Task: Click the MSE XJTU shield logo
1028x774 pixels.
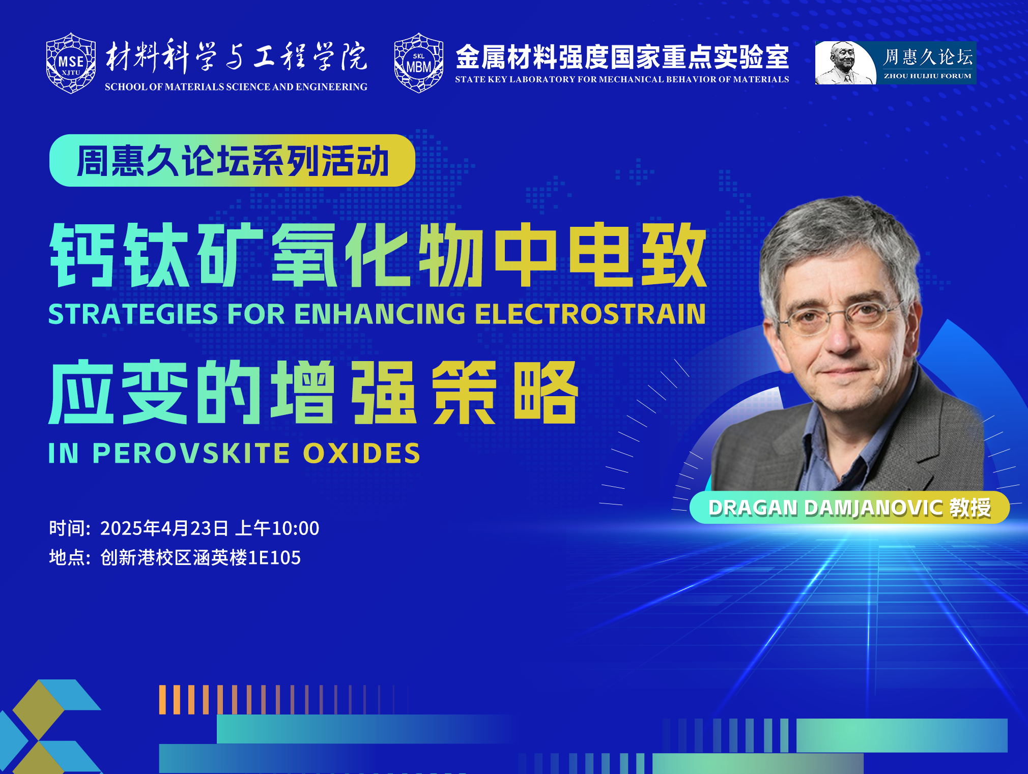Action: tap(71, 63)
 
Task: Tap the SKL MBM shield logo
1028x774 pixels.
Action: tap(418, 63)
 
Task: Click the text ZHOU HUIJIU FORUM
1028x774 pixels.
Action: tap(927, 76)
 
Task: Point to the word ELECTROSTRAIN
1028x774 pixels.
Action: tap(590, 314)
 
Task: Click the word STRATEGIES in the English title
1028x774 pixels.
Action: tap(133, 314)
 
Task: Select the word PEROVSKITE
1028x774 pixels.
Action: tap(191, 453)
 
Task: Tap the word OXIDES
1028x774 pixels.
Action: tap(362, 453)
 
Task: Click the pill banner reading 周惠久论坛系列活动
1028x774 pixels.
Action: tap(232, 161)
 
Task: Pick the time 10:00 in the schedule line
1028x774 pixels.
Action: tap(296, 528)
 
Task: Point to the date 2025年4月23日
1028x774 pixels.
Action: tap(164, 528)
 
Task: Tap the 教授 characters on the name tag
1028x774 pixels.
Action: tap(970, 508)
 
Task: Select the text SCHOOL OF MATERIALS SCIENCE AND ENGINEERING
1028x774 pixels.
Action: tap(236, 87)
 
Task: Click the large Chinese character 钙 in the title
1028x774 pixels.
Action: tap(82, 255)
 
